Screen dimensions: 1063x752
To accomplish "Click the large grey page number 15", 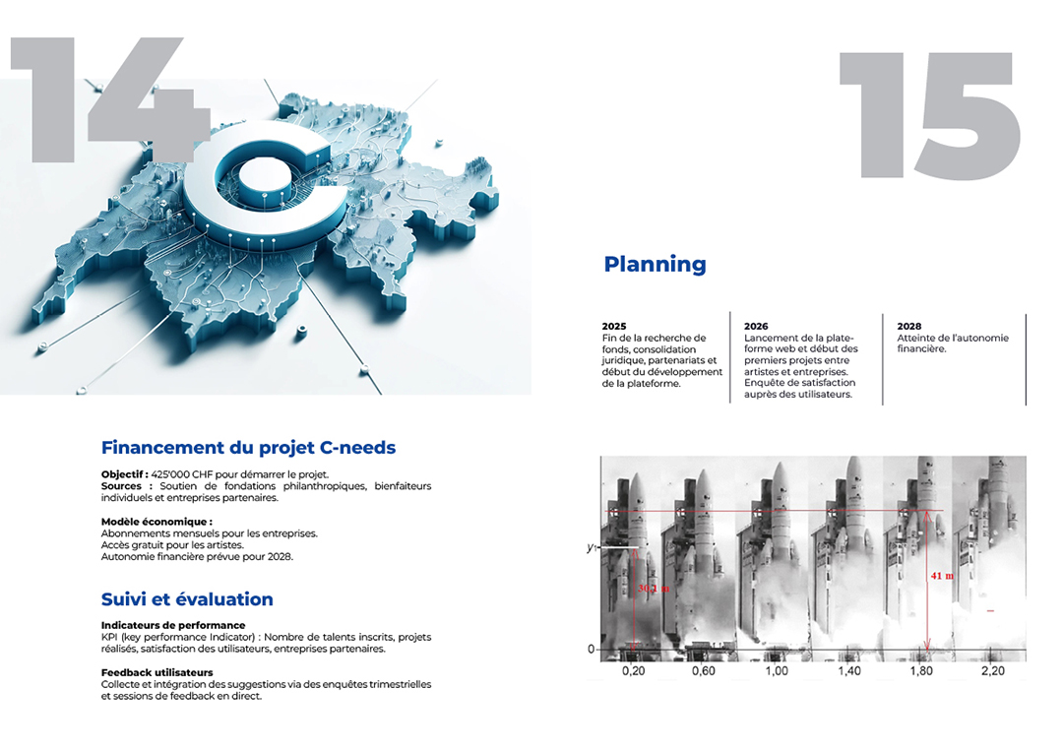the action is click(930, 115).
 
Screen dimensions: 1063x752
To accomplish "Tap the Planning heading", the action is click(655, 264).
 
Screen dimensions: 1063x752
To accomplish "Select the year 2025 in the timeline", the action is click(614, 326).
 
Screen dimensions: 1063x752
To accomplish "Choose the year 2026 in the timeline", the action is click(756, 326).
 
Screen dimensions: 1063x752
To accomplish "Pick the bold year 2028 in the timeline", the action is click(909, 326).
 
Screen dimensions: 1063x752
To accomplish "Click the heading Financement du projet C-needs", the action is click(248, 448).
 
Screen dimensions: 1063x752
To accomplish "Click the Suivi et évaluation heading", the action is click(187, 599).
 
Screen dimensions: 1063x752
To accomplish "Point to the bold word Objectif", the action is click(123, 474).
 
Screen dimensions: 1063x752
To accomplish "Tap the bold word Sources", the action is click(121, 486).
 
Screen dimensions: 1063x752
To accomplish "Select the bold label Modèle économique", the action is click(156, 522).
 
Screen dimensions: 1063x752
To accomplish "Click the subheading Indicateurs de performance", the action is click(173, 625).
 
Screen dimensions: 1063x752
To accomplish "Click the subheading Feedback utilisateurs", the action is click(156, 672).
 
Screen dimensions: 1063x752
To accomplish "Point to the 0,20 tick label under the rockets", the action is click(633, 670).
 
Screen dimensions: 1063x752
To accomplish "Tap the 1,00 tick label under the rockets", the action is click(777, 670).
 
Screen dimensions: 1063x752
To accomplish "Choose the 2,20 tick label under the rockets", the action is click(992, 670).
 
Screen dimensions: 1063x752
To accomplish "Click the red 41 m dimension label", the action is click(942, 576).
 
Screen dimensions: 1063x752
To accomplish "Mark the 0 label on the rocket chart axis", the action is click(592, 649).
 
